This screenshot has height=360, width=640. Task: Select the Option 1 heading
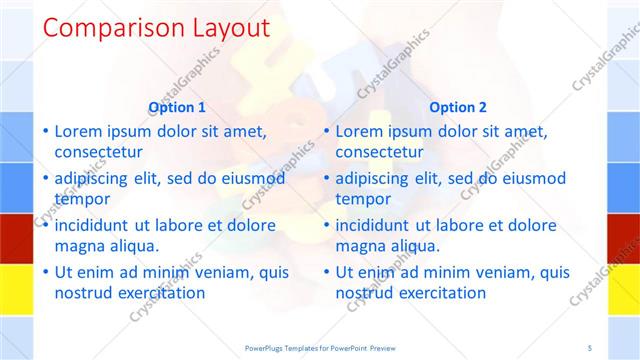177,107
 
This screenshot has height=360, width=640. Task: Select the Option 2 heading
458,107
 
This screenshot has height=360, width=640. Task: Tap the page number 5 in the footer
590,347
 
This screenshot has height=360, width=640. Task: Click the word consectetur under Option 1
98,152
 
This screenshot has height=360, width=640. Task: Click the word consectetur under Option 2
379,152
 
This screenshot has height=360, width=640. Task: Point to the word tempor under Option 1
81,199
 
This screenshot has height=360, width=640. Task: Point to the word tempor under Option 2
362,199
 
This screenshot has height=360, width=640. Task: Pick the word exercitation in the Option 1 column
160,293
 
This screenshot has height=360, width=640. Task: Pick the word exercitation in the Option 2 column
441,293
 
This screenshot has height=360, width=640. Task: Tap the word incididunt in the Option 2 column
378,225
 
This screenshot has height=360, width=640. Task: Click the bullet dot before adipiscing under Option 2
326,179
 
